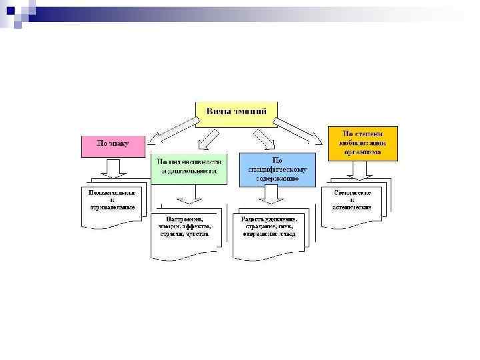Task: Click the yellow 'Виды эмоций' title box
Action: (236, 114)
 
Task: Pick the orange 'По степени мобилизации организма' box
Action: (363, 142)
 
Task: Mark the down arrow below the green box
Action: (189, 194)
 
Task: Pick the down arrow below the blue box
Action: (271, 194)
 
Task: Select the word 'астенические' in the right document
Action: (352, 207)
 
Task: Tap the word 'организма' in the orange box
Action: (363, 152)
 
